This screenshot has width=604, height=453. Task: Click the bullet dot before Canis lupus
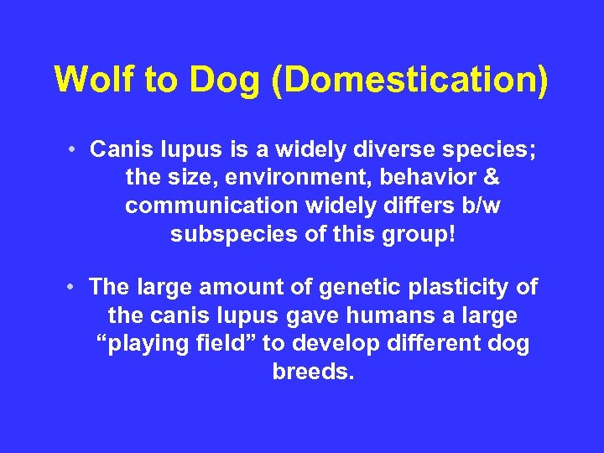[75, 150]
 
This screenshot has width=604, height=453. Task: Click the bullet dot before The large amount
[75, 288]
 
